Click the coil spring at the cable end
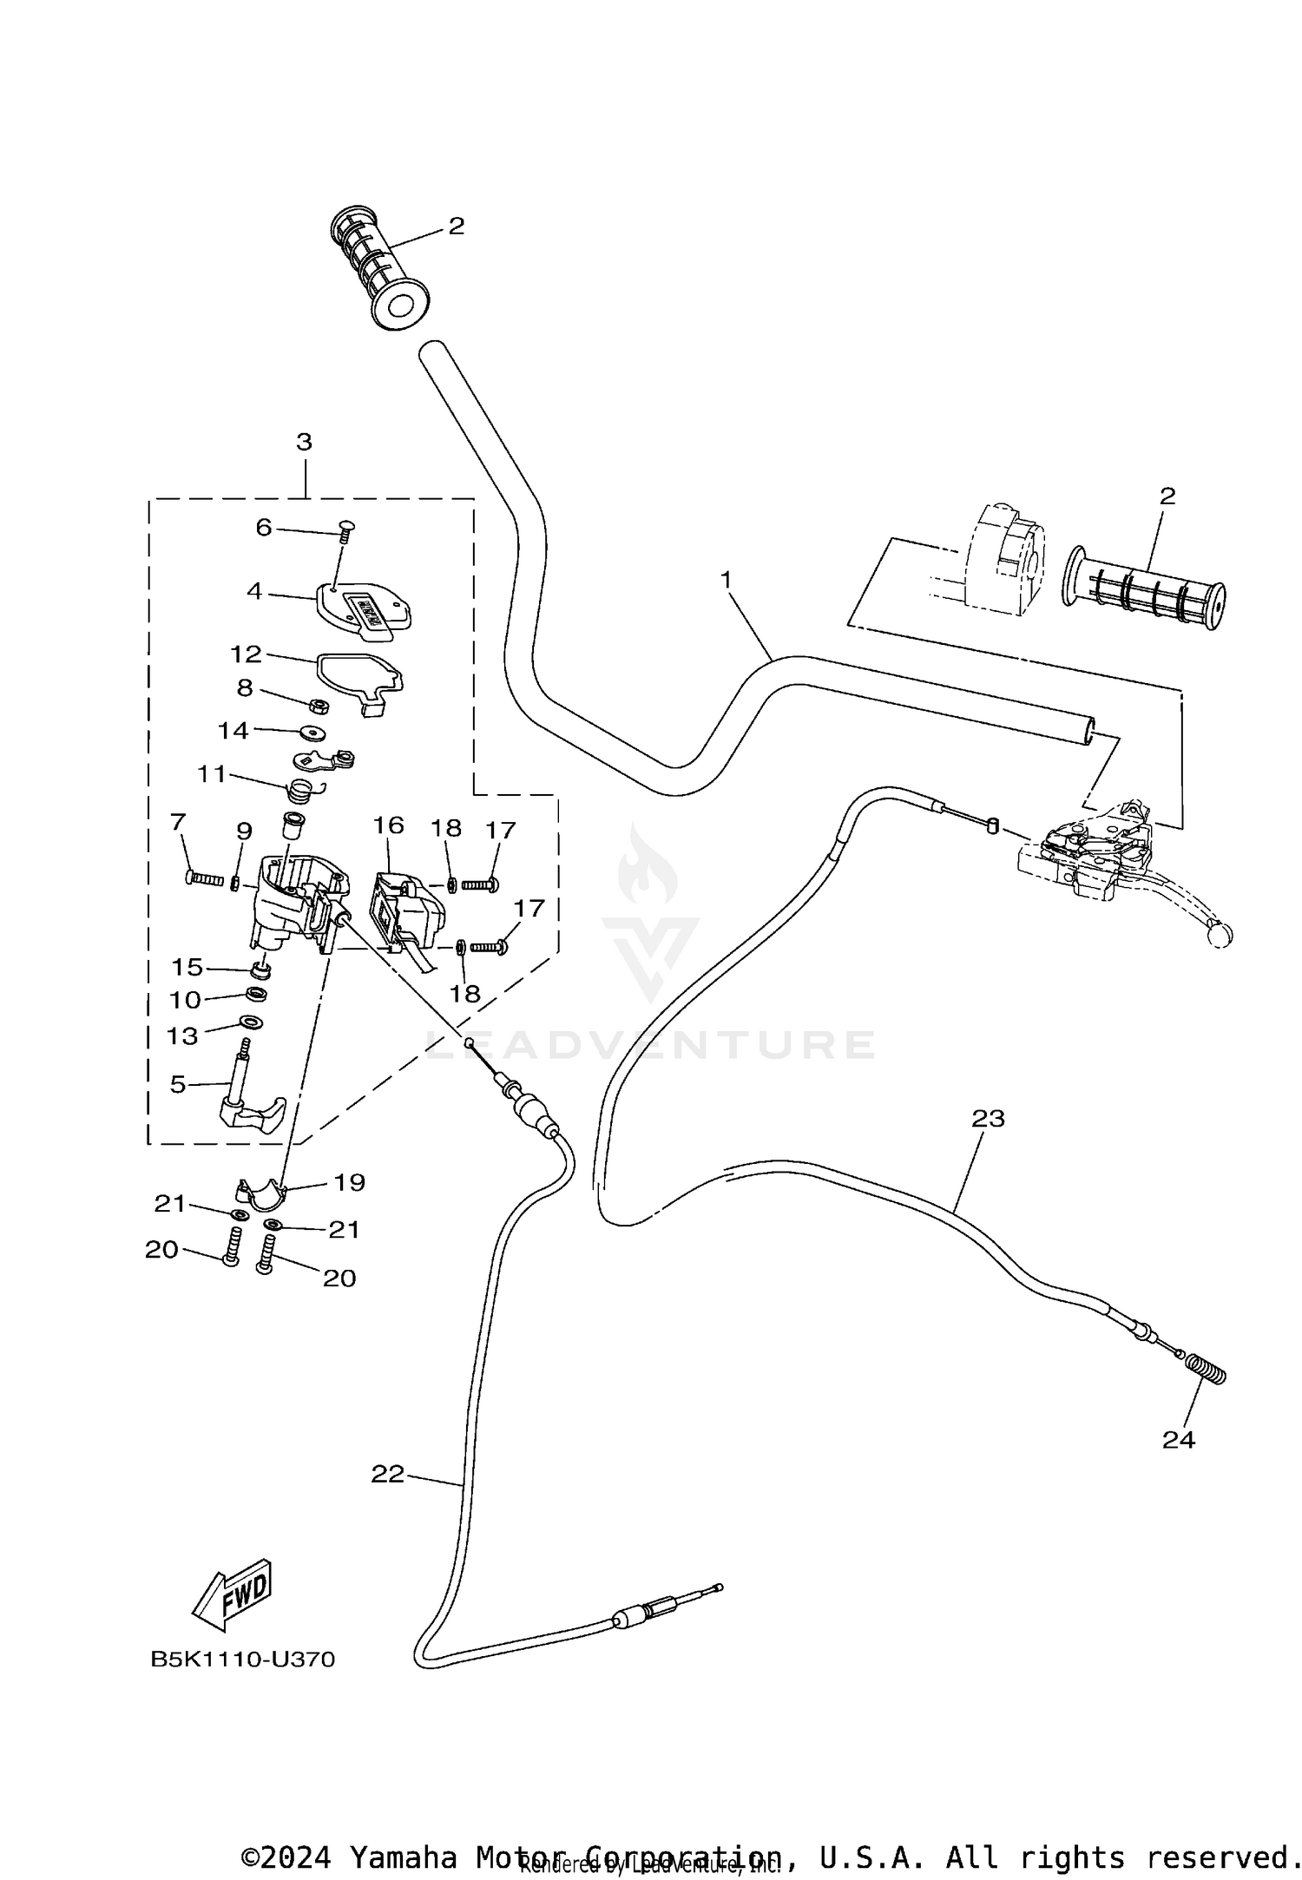pyautogui.click(x=1207, y=1371)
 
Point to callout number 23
pyautogui.click(x=988, y=1119)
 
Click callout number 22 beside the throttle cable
pyautogui.click(x=388, y=1474)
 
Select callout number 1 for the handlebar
pyautogui.click(x=726, y=577)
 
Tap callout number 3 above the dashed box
pyautogui.click(x=304, y=442)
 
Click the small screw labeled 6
pyautogui.click(x=343, y=529)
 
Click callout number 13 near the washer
pyautogui.click(x=182, y=1035)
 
